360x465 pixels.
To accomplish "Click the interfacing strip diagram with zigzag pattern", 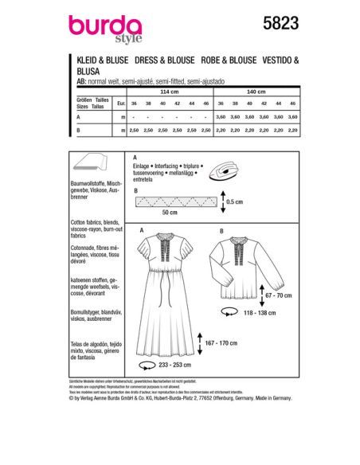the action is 168,202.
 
